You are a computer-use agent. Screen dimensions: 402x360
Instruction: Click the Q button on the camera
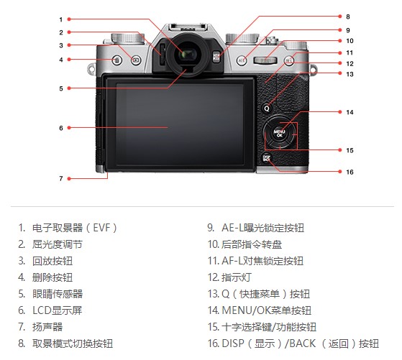(x=267, y=108)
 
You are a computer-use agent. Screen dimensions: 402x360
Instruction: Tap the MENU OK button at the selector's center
(x=279, y=133)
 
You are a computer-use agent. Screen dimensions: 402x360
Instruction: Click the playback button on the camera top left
(x=136, y=60)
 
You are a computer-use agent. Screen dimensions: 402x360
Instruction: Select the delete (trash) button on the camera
(x=117, y=60)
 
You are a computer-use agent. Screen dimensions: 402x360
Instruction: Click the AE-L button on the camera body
(x=242, y=60)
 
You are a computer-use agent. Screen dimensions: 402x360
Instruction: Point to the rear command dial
(x=265, y=60)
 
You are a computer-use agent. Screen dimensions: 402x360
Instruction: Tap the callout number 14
(x=350, y=112)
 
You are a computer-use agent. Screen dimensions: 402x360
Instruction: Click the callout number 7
(x=61, y=179)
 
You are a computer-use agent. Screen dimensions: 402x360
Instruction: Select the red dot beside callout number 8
(x=340, y=17)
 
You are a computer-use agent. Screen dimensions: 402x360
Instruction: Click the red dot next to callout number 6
(x=69, y=128)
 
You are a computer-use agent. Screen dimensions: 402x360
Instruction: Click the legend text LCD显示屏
(x=58, y=310)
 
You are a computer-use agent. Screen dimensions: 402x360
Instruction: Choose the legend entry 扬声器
(x=47, y=327)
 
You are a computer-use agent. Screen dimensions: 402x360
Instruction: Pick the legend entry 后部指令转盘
(x=252, y=244)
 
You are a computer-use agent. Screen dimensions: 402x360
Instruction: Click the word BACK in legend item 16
(x=303, y=343)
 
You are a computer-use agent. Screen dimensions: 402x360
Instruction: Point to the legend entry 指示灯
(x=237, y=277)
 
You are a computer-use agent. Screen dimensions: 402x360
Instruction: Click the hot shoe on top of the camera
(x=188, y=27)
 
